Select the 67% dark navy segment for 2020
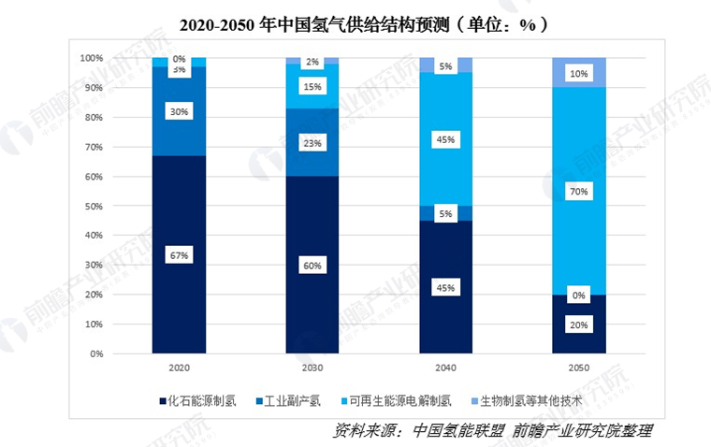(x=180, y=255)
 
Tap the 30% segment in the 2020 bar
(x=180, y=111)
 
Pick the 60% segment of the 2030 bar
(x=312, y=266)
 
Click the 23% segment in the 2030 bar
(x=312, y=142)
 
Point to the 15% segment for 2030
(x=312, y=87)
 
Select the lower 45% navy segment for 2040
(x=445, y=287)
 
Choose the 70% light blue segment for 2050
(x=579, y=191)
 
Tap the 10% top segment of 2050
(x=579, y=73)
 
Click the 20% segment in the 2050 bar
(x=579, y=324)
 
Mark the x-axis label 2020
(x=180, y=368)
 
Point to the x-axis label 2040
(x=445, y=368)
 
